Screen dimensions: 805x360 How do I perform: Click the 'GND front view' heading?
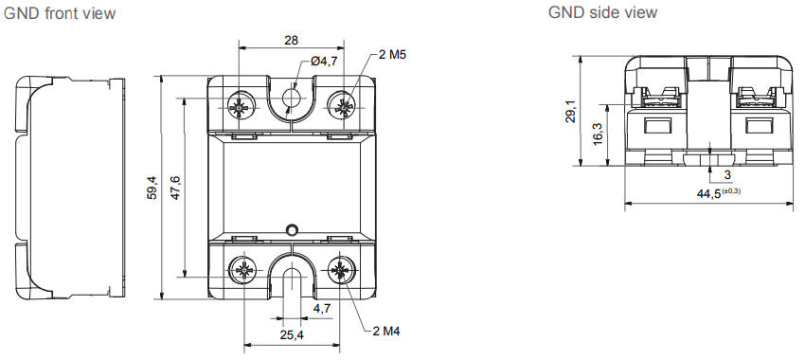(x=60, y=14)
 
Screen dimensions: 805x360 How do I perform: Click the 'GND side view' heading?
(x=602, y=12)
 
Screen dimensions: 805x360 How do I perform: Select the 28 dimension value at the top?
(x=291, y=40)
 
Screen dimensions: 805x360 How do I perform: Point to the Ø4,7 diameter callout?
(x=324, y=62)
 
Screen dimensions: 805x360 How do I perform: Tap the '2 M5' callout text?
(x=392, y=54)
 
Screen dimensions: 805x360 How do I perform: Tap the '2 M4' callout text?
(x=386, y=332)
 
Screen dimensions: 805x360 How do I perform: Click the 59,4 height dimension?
(x=152, y=188)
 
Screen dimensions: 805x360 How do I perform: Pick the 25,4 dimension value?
(x=292, y=335)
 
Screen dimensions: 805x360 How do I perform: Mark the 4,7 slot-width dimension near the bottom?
(x=322, y=308)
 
